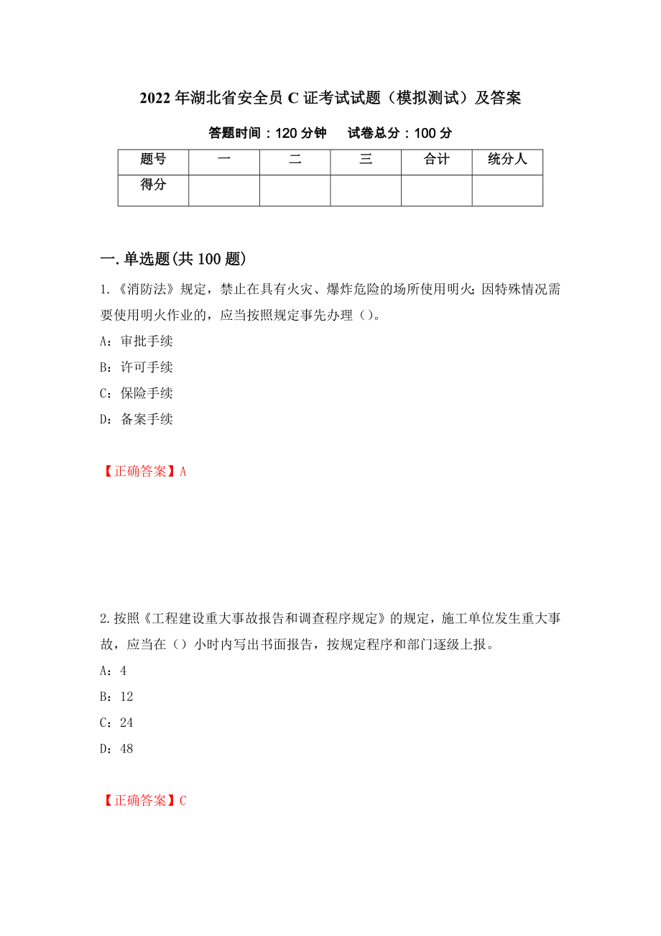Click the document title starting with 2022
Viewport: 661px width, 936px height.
pos(330,98)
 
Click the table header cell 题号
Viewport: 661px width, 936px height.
pos(153,160)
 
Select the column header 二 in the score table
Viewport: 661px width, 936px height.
pos(295,160)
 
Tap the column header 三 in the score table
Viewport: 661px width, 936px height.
pos(366,160)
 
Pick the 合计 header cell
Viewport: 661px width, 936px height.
pos(436,160)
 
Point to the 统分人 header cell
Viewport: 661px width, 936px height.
pos(507,160)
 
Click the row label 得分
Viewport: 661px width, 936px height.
pos(153,185)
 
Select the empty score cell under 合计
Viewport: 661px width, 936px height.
pos(436,191)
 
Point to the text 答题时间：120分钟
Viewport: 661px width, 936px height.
pos(267,133)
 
